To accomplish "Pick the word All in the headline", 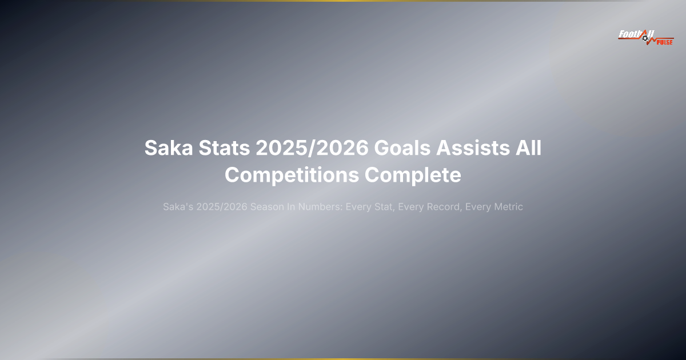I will click(530, 149).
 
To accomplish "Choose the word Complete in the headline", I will click(413, 175).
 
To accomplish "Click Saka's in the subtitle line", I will click(178, 207).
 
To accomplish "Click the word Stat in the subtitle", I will click(381, 207).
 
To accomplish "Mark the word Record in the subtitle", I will click(444, 207).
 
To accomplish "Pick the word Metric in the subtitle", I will click(509, 207).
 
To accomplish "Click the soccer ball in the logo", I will click(646, 38).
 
